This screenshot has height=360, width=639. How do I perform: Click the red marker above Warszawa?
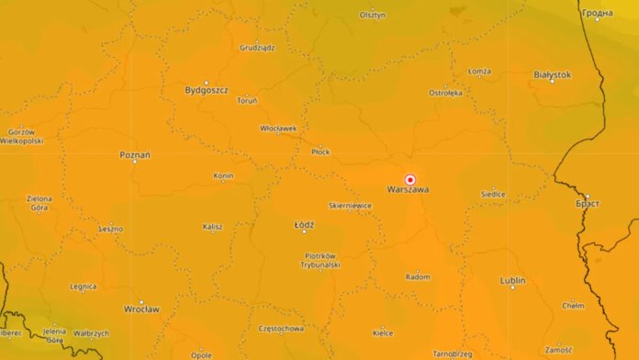click(410, 180)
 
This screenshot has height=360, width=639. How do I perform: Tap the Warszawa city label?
click(409, 190)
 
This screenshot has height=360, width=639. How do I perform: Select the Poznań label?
click(135, 154)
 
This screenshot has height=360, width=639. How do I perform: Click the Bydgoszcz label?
click(207, 90)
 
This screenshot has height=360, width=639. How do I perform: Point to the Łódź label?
click(304, 224)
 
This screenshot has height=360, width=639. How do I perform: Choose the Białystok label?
click(552, 73)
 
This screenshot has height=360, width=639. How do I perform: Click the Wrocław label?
click(141, 308)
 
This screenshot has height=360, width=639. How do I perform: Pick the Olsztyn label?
click(373, 15)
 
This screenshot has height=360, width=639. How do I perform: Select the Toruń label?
click(247, 99)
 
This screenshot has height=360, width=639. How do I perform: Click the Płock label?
click(320, 151)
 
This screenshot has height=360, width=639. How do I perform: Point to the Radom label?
click(418, 276)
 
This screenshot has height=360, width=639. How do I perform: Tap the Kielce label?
click(383, 332)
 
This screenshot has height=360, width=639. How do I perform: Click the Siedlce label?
click(493, 194)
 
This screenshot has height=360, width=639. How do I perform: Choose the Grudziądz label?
click(257, 47)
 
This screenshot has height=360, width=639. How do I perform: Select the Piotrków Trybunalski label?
click(320, 259)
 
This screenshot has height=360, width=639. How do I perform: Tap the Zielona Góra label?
click(39, 203)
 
